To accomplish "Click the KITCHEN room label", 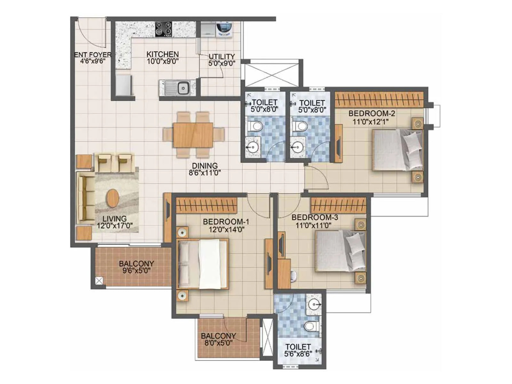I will [162, 54].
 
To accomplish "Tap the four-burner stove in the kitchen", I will [164, 29].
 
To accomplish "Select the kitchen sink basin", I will [183, 88].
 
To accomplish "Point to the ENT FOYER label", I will [93, 55].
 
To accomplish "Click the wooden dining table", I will [193, 135].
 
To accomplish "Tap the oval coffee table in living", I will [113, 198].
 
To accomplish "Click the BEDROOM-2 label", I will [372, 113].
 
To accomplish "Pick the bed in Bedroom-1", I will [203, 264].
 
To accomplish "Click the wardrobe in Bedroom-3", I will [338, 205].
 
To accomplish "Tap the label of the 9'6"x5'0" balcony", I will [136, 264].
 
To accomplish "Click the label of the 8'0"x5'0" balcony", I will [218, 336].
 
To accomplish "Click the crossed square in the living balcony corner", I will [99, 281].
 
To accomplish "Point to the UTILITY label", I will [221, 56].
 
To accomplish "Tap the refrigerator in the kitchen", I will [123, 85].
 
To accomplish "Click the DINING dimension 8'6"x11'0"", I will [204, 173].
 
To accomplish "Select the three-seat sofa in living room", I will [85, 197].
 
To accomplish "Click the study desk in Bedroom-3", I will [284, 274].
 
